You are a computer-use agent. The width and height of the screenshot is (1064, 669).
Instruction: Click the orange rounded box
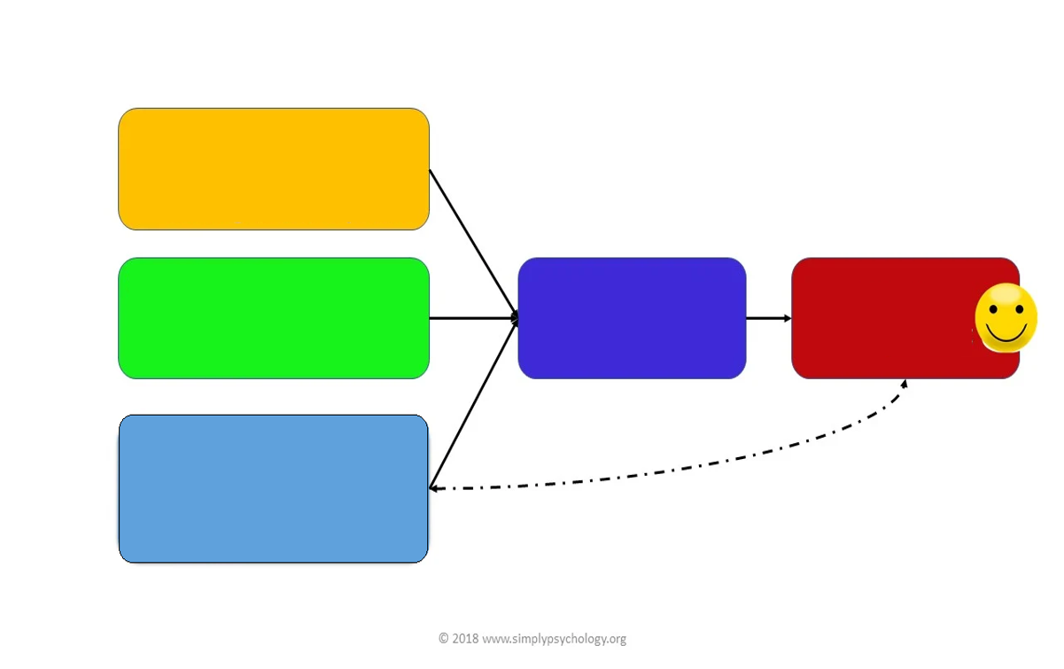coord(274,169)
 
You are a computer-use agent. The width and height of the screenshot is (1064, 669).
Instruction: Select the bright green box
coord(274,318)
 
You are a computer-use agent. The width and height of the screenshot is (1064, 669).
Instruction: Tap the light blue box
coord(274,488)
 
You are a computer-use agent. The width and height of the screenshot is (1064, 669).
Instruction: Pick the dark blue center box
coord(632,318)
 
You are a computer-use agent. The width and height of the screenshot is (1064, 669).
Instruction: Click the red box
coord(886,318)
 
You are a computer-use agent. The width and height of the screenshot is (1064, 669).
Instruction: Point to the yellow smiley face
coord(1006,317)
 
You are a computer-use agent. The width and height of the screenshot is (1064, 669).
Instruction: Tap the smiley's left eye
coord(993,311)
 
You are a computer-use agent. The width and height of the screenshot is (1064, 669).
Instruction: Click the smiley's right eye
coord(1020,311)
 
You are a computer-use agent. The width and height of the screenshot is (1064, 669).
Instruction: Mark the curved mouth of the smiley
coord(1006,334)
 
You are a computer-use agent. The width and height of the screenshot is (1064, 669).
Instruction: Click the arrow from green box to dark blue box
coord(472,318)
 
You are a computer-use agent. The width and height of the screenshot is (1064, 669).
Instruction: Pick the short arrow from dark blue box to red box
coord(767,318)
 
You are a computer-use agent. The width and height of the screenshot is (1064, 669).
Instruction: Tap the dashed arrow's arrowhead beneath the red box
coord(904,385)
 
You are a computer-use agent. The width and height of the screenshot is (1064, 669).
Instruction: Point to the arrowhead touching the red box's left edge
coord(787,318)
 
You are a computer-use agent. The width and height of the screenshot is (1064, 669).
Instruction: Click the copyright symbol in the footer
coord(444,639)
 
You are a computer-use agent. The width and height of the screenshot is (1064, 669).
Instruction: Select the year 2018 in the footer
coord(465,639)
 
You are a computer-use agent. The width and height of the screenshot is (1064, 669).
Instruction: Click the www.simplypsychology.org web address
coord(555,639)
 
